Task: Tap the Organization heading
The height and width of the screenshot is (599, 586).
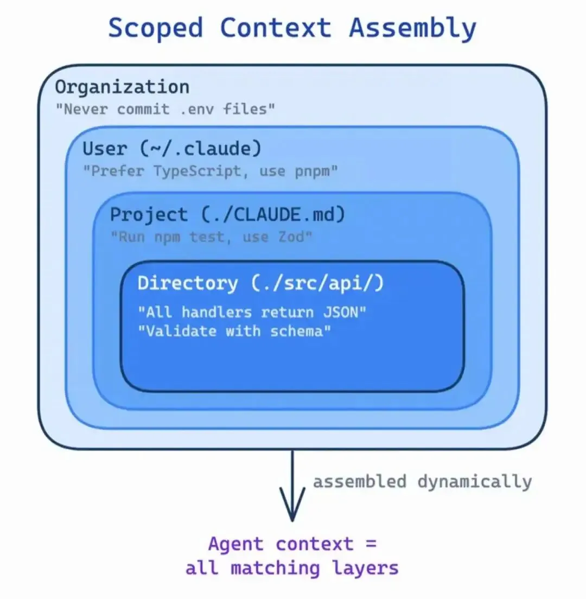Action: pyautogui.click(x=122, y=87)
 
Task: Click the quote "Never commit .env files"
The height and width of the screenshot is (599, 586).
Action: pyautogui.click(x=165, y=109)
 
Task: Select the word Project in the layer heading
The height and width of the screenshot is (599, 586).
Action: pyautogui.click(x=149, y=214)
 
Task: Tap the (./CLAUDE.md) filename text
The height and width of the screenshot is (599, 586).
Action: pyautogui.click(x=273, y=214)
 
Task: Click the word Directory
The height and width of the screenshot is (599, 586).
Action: pyautogui.click(x=187, y=283)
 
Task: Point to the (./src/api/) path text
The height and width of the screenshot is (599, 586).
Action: pyautogui.click(x=317, y=283)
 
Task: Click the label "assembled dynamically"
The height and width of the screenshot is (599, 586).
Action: pyautogui.click(x=422, y=481)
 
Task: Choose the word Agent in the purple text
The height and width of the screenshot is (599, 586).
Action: pyautogui.click(x=236, y=544)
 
